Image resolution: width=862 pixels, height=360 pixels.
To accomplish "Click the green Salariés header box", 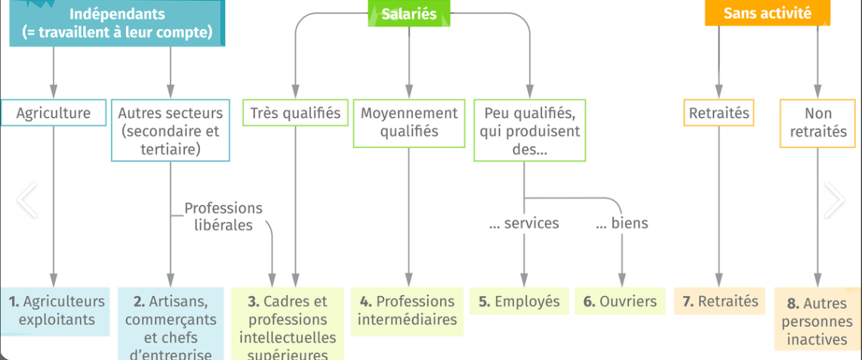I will pos(409,14).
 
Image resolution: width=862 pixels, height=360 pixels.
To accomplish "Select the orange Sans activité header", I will pos(767,13).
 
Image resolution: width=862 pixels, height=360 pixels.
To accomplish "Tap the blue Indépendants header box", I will pos(117,23).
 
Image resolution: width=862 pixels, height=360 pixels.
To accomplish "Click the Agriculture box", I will pos(54,113).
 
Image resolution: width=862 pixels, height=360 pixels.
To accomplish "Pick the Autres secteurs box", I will pos(171,131).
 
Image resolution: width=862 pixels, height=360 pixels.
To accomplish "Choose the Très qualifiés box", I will pos(295,113).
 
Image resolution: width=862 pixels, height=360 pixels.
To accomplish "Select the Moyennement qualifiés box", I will pos(409,122).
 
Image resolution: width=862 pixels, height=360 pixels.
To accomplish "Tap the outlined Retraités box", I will pos(719,113).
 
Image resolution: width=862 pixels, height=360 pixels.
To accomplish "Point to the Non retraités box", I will pos(817,122).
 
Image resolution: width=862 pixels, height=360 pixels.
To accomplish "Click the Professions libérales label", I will pos(223,217).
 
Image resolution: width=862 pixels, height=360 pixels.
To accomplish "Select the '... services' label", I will pos(524,223).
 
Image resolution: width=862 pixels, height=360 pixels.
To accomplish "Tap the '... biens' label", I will pos(622,223).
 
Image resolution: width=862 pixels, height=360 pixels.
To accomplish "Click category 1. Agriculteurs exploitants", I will pos(57,310).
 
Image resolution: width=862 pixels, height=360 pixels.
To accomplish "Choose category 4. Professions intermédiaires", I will pos(408,310).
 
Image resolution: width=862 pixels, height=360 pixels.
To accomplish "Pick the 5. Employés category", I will pos(519,302).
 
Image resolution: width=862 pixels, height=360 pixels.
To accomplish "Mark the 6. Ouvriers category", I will pos(620,302).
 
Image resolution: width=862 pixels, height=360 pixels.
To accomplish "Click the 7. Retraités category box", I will pos(720,302).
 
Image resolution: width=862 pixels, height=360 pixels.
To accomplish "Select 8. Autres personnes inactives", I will pos(817,322).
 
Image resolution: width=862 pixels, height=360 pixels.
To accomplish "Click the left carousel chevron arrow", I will pos(27,200).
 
